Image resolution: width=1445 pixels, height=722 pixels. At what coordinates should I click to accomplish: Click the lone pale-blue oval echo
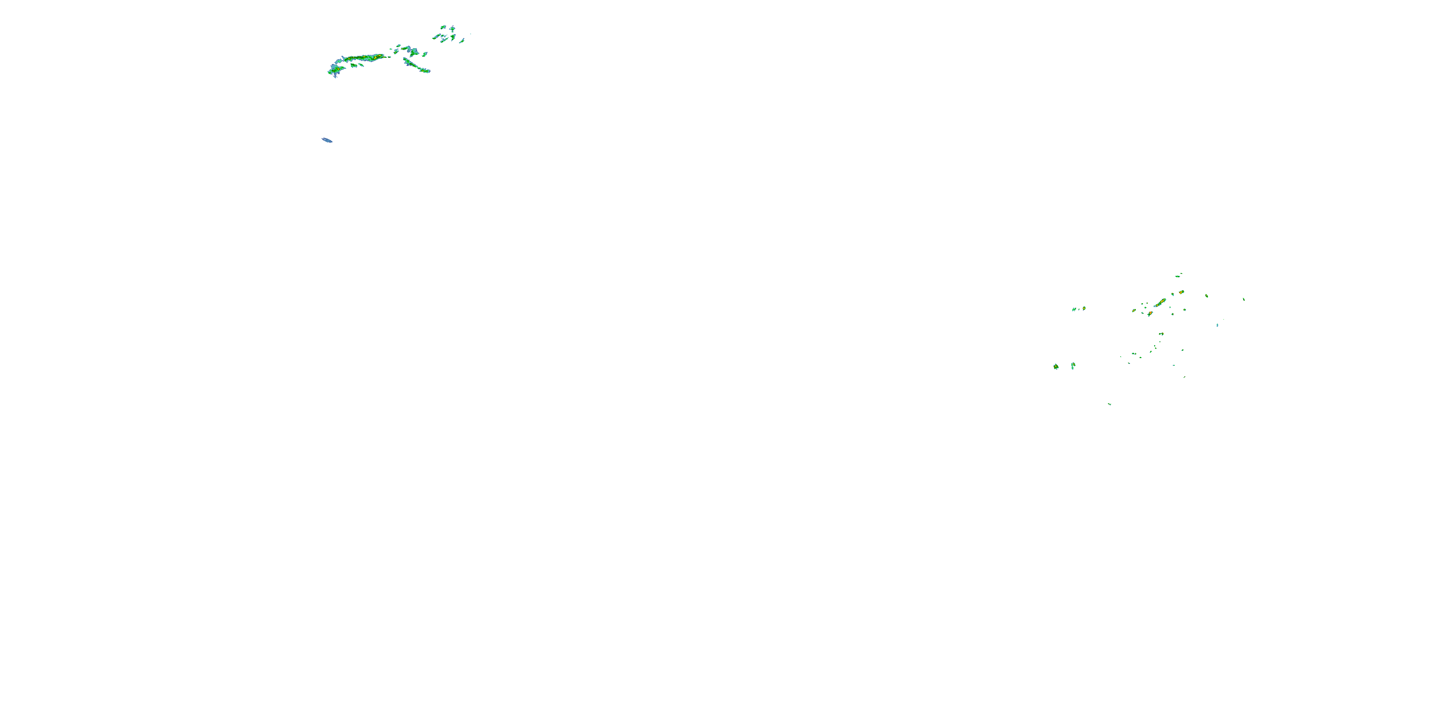pyautogui.click(x=327, y=140)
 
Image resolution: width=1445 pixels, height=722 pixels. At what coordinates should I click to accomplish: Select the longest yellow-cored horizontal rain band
pyautogui.click(x=364, y=58)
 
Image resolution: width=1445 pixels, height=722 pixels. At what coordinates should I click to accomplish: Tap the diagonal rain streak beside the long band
pyautogui.click(x=416, y=66)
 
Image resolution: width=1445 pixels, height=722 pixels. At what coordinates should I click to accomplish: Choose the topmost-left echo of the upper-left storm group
pyautogui.click(x=443, y=27)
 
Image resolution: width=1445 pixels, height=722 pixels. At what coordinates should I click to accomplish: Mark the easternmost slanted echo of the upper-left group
pyautogui.click(x=461, y=40)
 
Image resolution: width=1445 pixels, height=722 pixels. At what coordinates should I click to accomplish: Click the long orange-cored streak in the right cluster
pyautogui.click(x=1160, y=303)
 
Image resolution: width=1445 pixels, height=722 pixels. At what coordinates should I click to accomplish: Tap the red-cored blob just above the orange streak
pyautogui.click(x=1181, y=293)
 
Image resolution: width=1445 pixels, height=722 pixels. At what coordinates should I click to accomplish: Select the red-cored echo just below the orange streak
pyautogui.click(x=1150, y=313)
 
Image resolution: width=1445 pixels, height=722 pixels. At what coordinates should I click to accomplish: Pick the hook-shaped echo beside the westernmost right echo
pyautogui.click(x=1073, y=365)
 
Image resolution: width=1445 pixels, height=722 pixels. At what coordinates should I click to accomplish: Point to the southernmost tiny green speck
pyautogui.click(x=1110, y=404)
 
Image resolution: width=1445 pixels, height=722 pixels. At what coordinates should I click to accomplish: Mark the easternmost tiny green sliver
pyautogui.click(x=1244, y=299)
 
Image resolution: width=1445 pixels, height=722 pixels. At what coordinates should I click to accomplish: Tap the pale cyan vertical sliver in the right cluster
pyautogui.click(x=1217, y=325)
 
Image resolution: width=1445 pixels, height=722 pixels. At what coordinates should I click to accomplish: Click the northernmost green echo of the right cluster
pyautogui.click(x=1179, y=275)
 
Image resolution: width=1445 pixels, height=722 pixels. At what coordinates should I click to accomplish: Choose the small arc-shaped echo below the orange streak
pyautogui.click(x=1161, y=334)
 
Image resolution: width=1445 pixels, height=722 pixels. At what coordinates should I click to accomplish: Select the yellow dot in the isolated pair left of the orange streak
pyautogui.click(x=1084, y=308)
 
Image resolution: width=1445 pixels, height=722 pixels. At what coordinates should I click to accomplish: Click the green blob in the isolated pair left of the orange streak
pyautogui.click(x=1074, y=309)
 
